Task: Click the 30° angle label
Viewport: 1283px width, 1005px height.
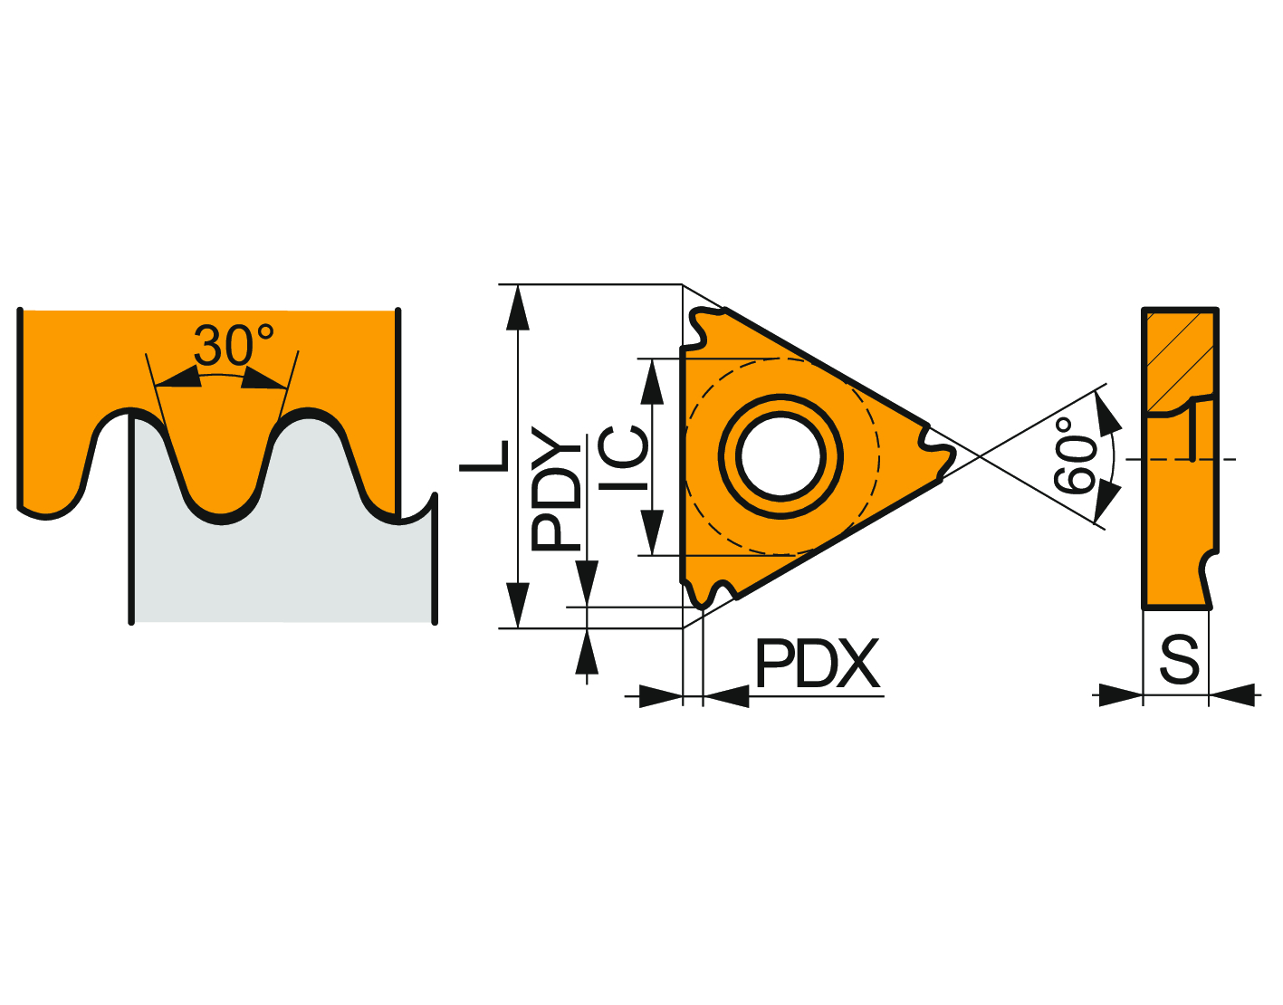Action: point(234,345)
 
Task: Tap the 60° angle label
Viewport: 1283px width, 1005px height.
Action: point(1074,455)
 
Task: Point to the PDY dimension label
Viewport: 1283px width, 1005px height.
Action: point(556,489)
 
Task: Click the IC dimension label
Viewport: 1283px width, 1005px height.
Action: point(623,458)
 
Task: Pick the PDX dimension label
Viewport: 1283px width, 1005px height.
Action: point(817,664)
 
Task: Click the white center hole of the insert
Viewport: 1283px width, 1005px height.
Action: point(780,456)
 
